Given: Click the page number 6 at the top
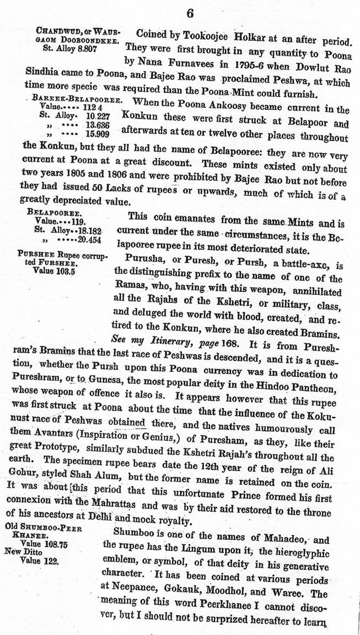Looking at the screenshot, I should point(190,12).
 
